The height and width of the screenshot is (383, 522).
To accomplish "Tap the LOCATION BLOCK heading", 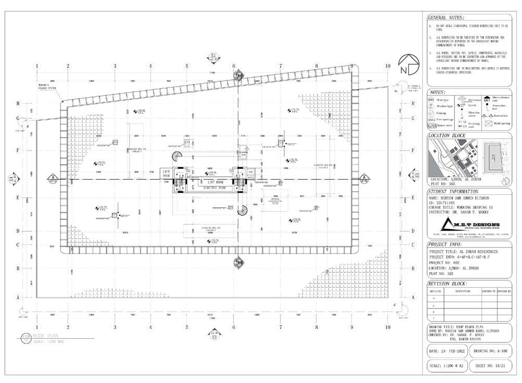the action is point(447,136).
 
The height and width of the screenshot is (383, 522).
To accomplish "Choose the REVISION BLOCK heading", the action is point(447,284).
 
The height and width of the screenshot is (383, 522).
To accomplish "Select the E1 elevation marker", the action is point(213,56).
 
